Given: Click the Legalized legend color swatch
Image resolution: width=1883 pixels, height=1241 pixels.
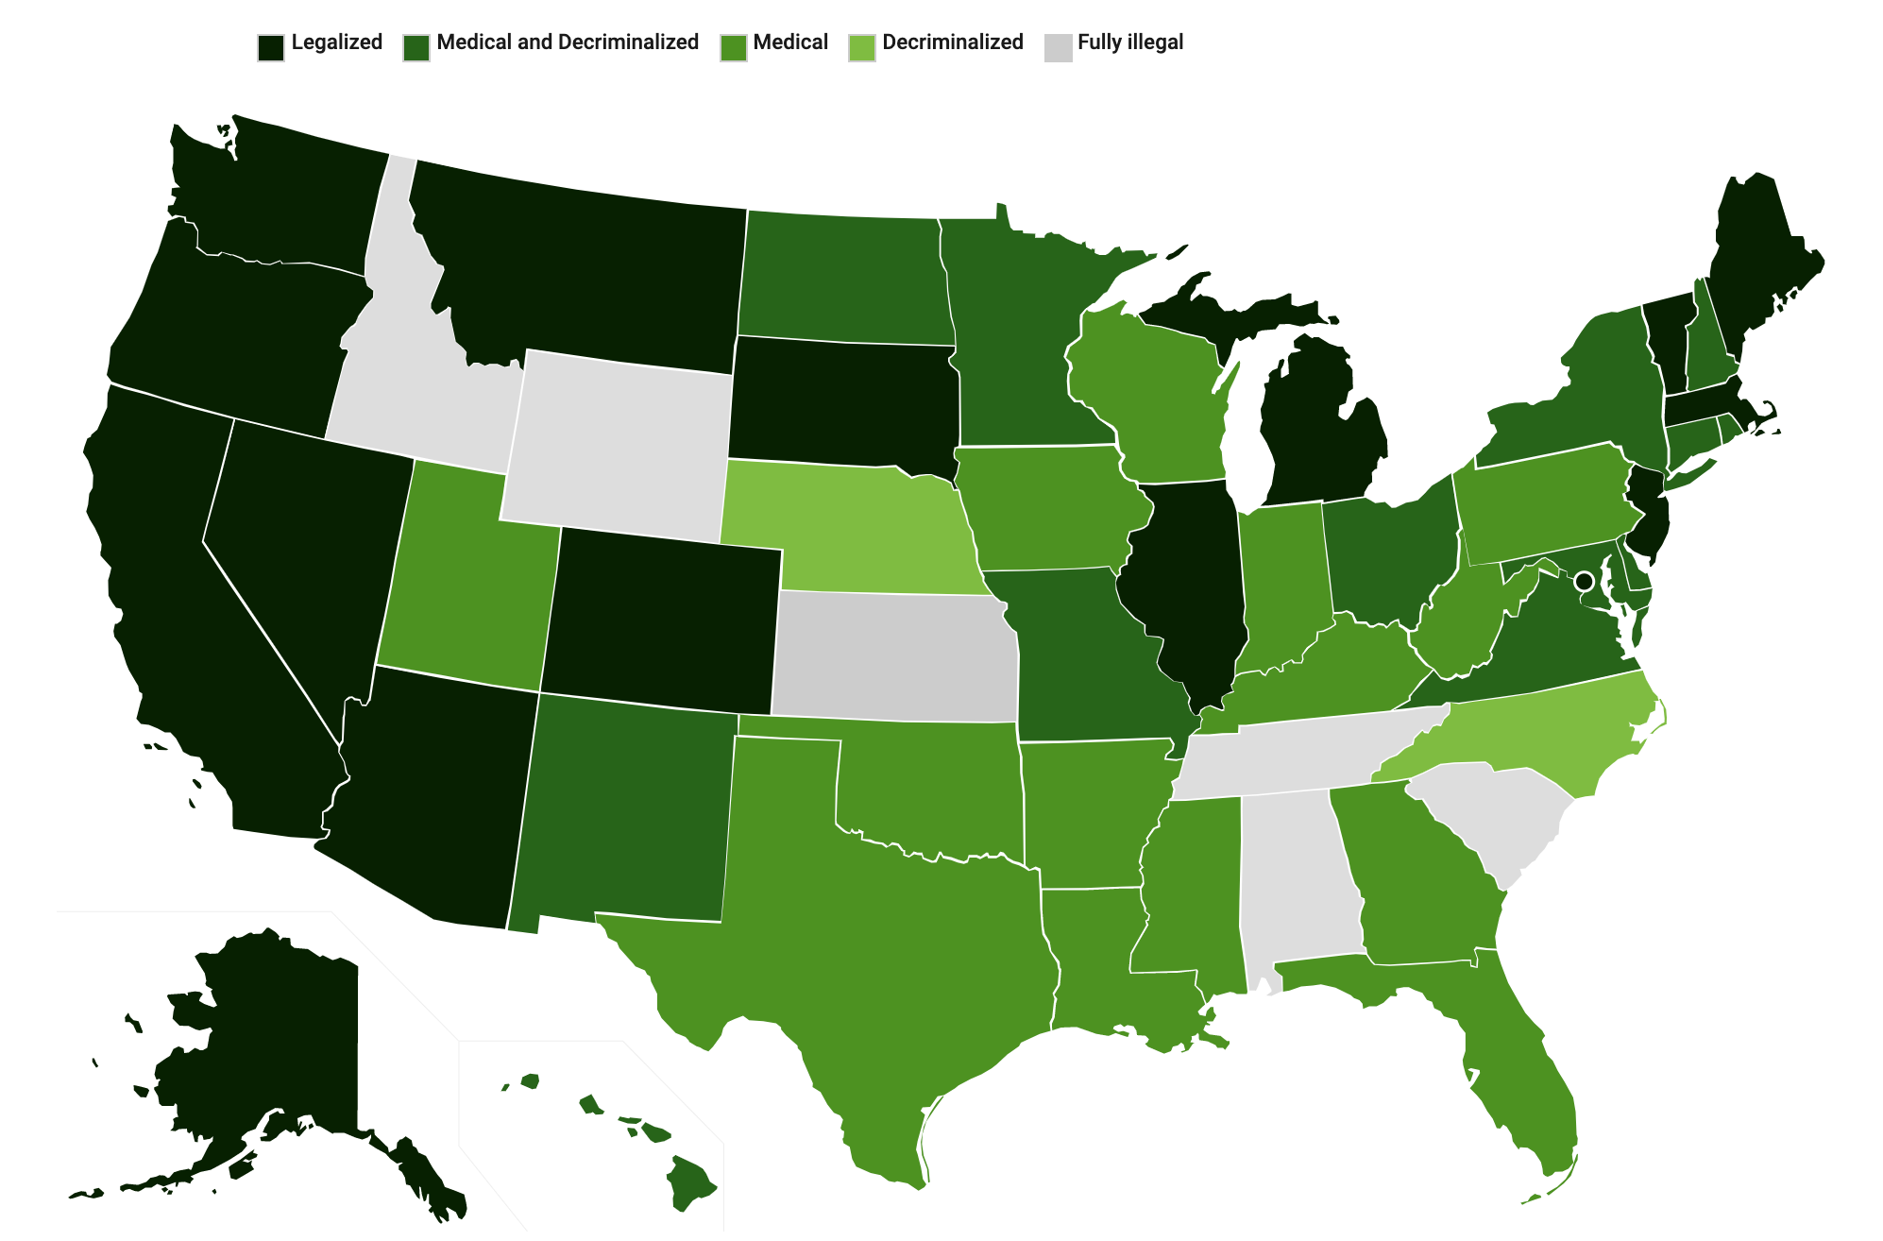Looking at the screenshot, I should click(x=271, y=47).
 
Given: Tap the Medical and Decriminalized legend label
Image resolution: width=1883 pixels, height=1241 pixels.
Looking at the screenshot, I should click(x=567, y=42).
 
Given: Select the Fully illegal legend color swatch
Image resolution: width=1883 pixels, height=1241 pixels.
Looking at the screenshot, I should click(x=1058, y=47).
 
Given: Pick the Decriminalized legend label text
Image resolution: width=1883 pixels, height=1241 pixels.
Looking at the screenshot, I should click(x=952, y=42).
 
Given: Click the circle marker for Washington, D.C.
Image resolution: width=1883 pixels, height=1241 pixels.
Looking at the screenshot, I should click(x=1584, y=580).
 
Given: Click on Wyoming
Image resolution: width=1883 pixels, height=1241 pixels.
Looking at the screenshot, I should click(x=619, y=444).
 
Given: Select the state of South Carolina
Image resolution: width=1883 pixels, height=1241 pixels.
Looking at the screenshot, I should click(x=1492, y=812).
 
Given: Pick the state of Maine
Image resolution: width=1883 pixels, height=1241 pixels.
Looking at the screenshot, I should click(x=1756, y=264).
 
